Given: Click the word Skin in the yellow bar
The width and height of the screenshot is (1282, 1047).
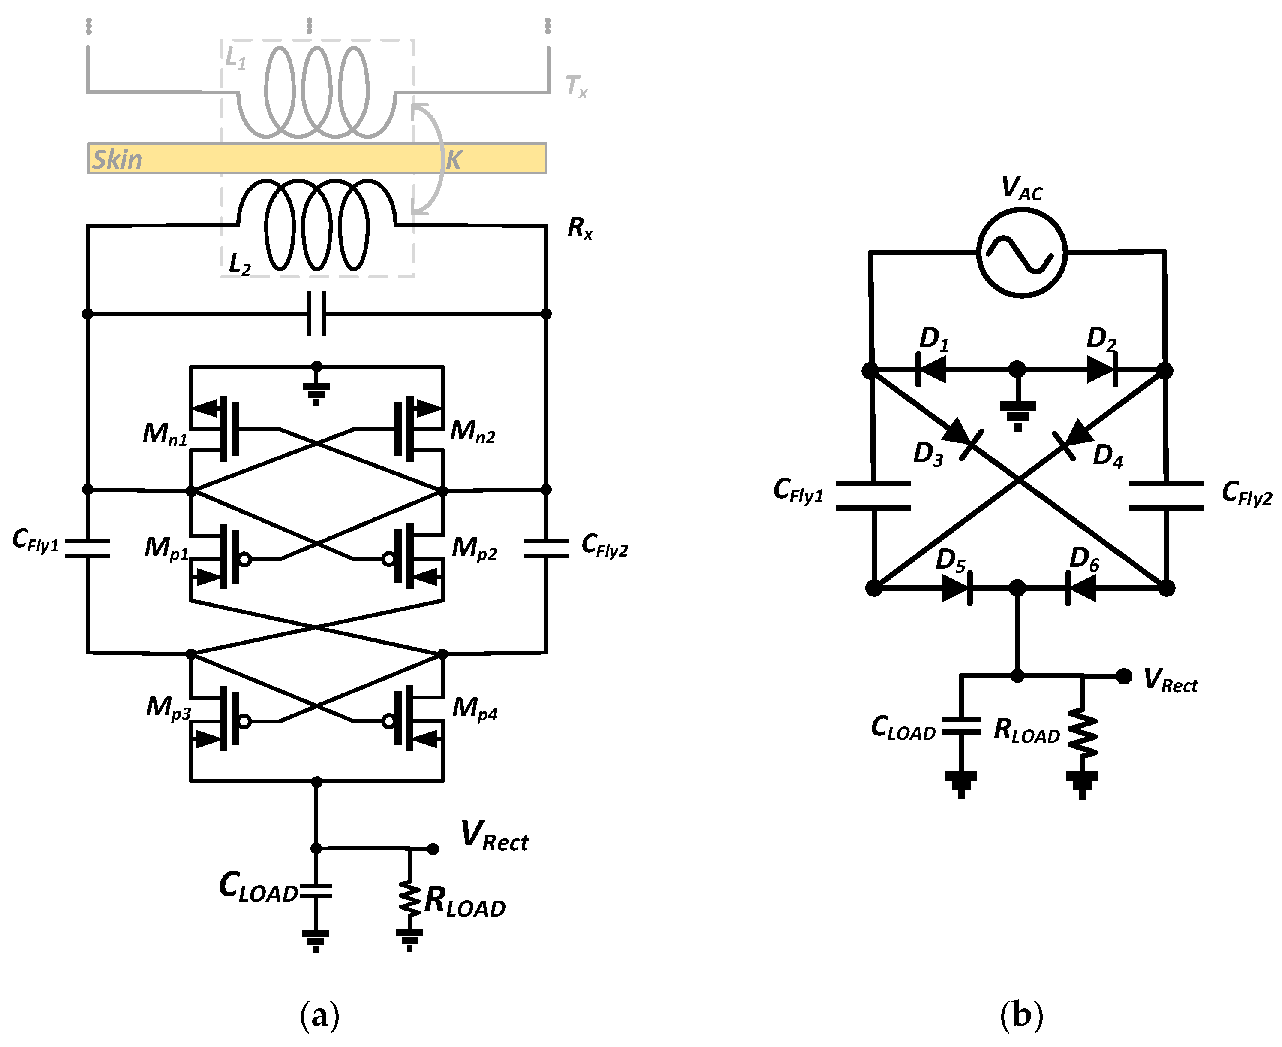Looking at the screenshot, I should pos(117,159).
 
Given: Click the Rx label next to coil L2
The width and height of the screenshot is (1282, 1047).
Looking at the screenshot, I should pos(580,228).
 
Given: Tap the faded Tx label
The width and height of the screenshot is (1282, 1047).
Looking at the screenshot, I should pos(575,86).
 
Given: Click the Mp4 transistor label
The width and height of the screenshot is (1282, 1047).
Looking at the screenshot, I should pos(474,708).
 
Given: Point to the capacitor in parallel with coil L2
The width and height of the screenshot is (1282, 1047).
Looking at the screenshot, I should pos(316,314).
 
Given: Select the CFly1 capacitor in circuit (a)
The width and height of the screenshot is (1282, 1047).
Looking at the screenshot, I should pos(87,548).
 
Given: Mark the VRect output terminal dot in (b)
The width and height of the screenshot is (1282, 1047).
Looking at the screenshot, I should pos(1123,676).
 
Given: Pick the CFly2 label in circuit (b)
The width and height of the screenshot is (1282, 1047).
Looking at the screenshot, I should pos(1246,493).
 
